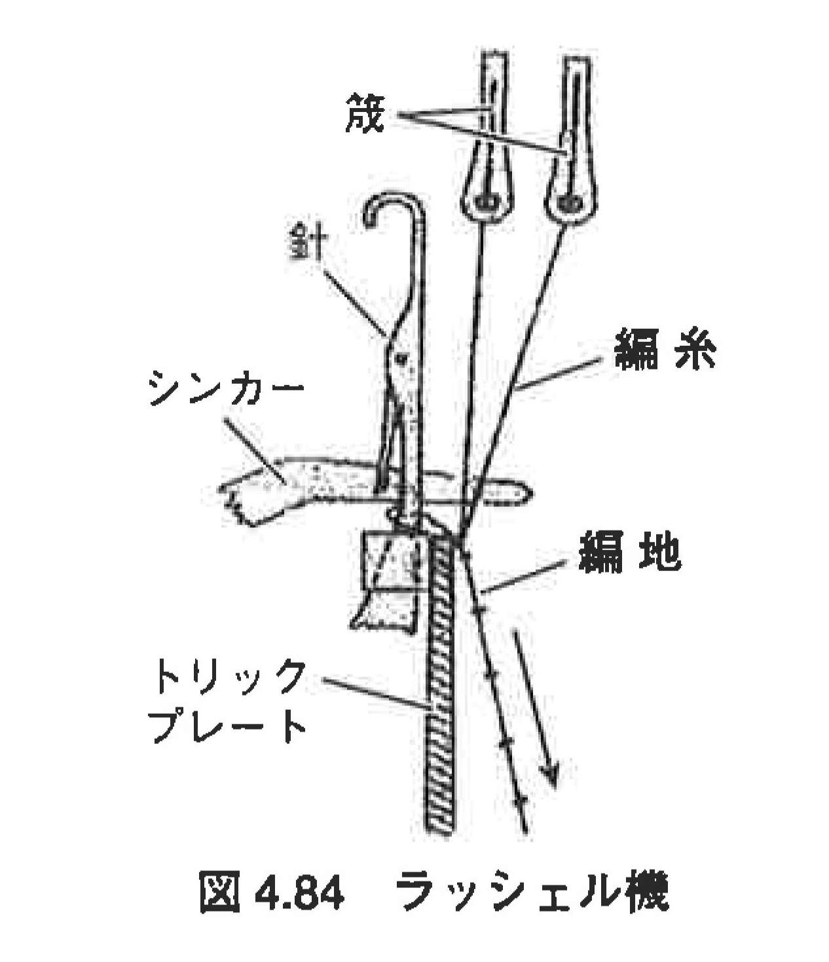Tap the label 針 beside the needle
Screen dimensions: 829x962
(309, 246)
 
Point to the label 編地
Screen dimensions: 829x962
(630, 553)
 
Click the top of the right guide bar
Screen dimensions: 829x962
(578, 58)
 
